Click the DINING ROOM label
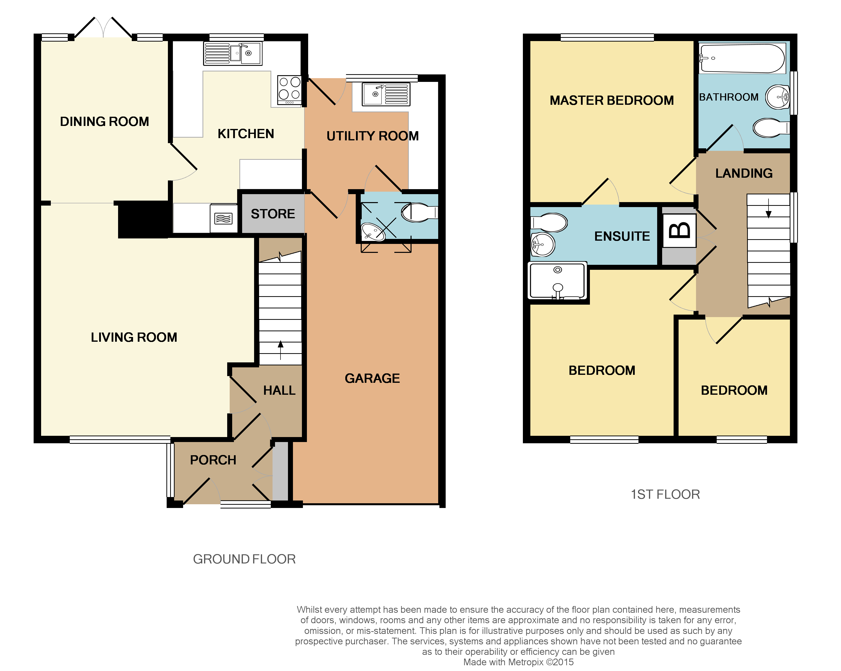point(105,121)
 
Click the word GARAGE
point(372,378)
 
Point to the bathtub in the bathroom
point(742,58)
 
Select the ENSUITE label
point(622,236)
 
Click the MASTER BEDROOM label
point(612,101)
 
